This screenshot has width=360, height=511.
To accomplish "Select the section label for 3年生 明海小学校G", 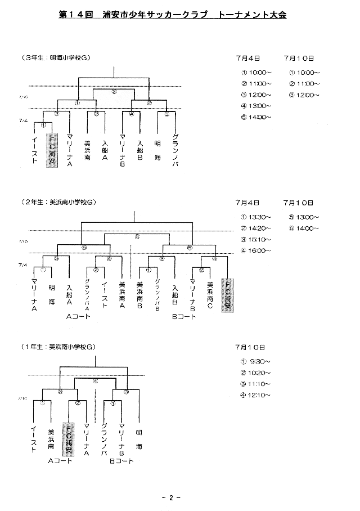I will pyautogui.click(x=56, y=58).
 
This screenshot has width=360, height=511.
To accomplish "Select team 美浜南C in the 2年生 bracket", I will pyautogui.click(x=210, y=295).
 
